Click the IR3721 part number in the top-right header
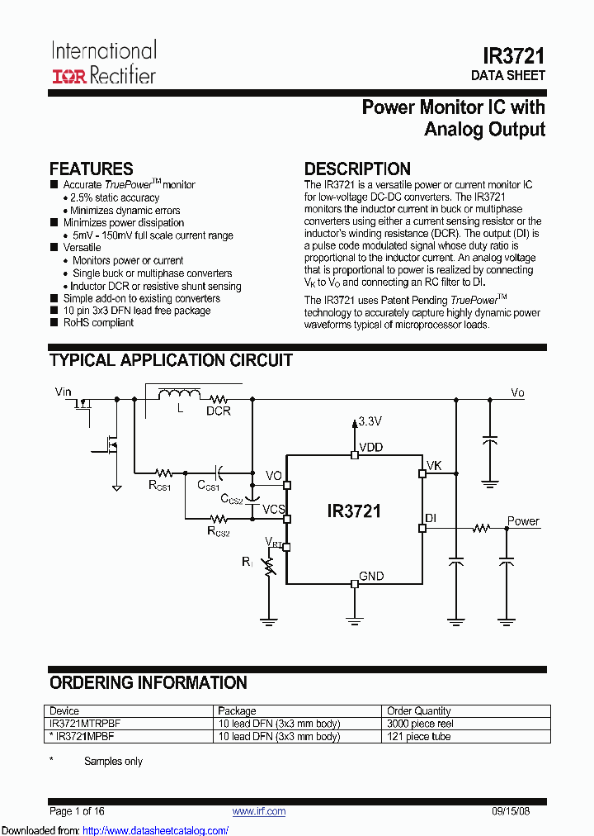pyautogui.click(x=513, y=55)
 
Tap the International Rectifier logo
pyautogui.click(x=104, y=62)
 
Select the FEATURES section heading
pyautogui.click(x=92, y=169)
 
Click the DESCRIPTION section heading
pyautogui.click(x=357, y=169)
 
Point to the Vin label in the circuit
pyautogui.click(x=64, y=392)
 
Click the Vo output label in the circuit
pyautogui.click(x=517, y=392)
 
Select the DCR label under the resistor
pyautogui.click(x=219, y=411)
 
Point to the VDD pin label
pyautogui.click(x=370, y=448)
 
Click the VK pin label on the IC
pyautogui.click(x=434, y=466)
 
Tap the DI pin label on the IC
pyautogui.click(x=431, y=518)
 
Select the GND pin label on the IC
pyautogui.click(x=371, y=576)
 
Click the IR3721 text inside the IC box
pyautogui.click(x=354, y=511)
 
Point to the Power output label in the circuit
pyautogui.click(x=523, y=521)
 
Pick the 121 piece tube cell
pyautogui.click(x=419, y=736)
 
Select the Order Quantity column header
pyautogui.click(x=419, y=710)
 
